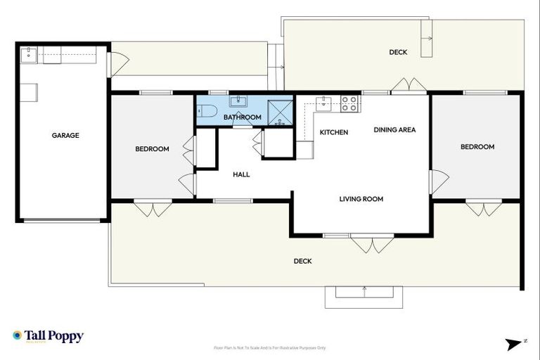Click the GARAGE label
point(65,136)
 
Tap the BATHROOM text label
point(243,117)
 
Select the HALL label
point(241,175)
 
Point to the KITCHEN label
point(334,133)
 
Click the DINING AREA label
point(394,129)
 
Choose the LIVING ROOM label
point(361,199)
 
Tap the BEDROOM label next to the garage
point(152,149)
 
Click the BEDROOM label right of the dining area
point(477,147)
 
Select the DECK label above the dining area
point(398,52)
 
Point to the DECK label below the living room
point(302,261)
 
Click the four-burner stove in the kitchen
point(349,103)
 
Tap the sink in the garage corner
point(28,53)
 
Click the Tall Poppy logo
point(48,336)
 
